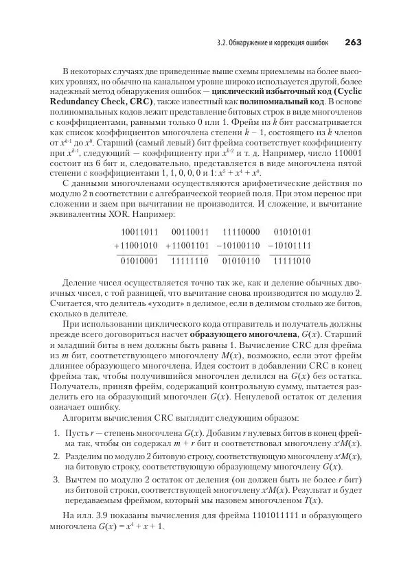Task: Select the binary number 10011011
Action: click(x=139, y=232)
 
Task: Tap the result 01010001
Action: click(x=139, y=261)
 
